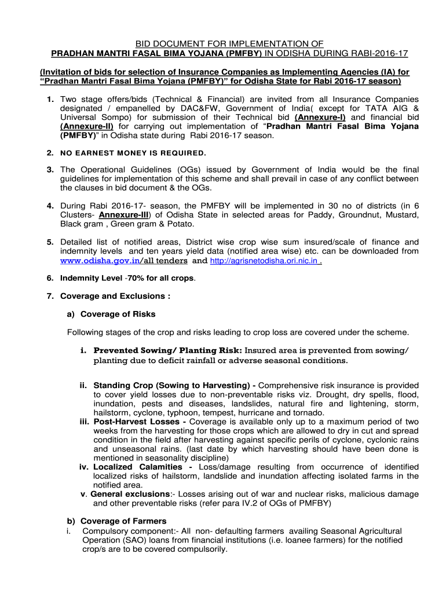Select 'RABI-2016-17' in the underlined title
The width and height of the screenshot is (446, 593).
[381, 53]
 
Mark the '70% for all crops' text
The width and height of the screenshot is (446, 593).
[162, 278]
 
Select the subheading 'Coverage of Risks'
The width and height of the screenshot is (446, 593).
[118, 314]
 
